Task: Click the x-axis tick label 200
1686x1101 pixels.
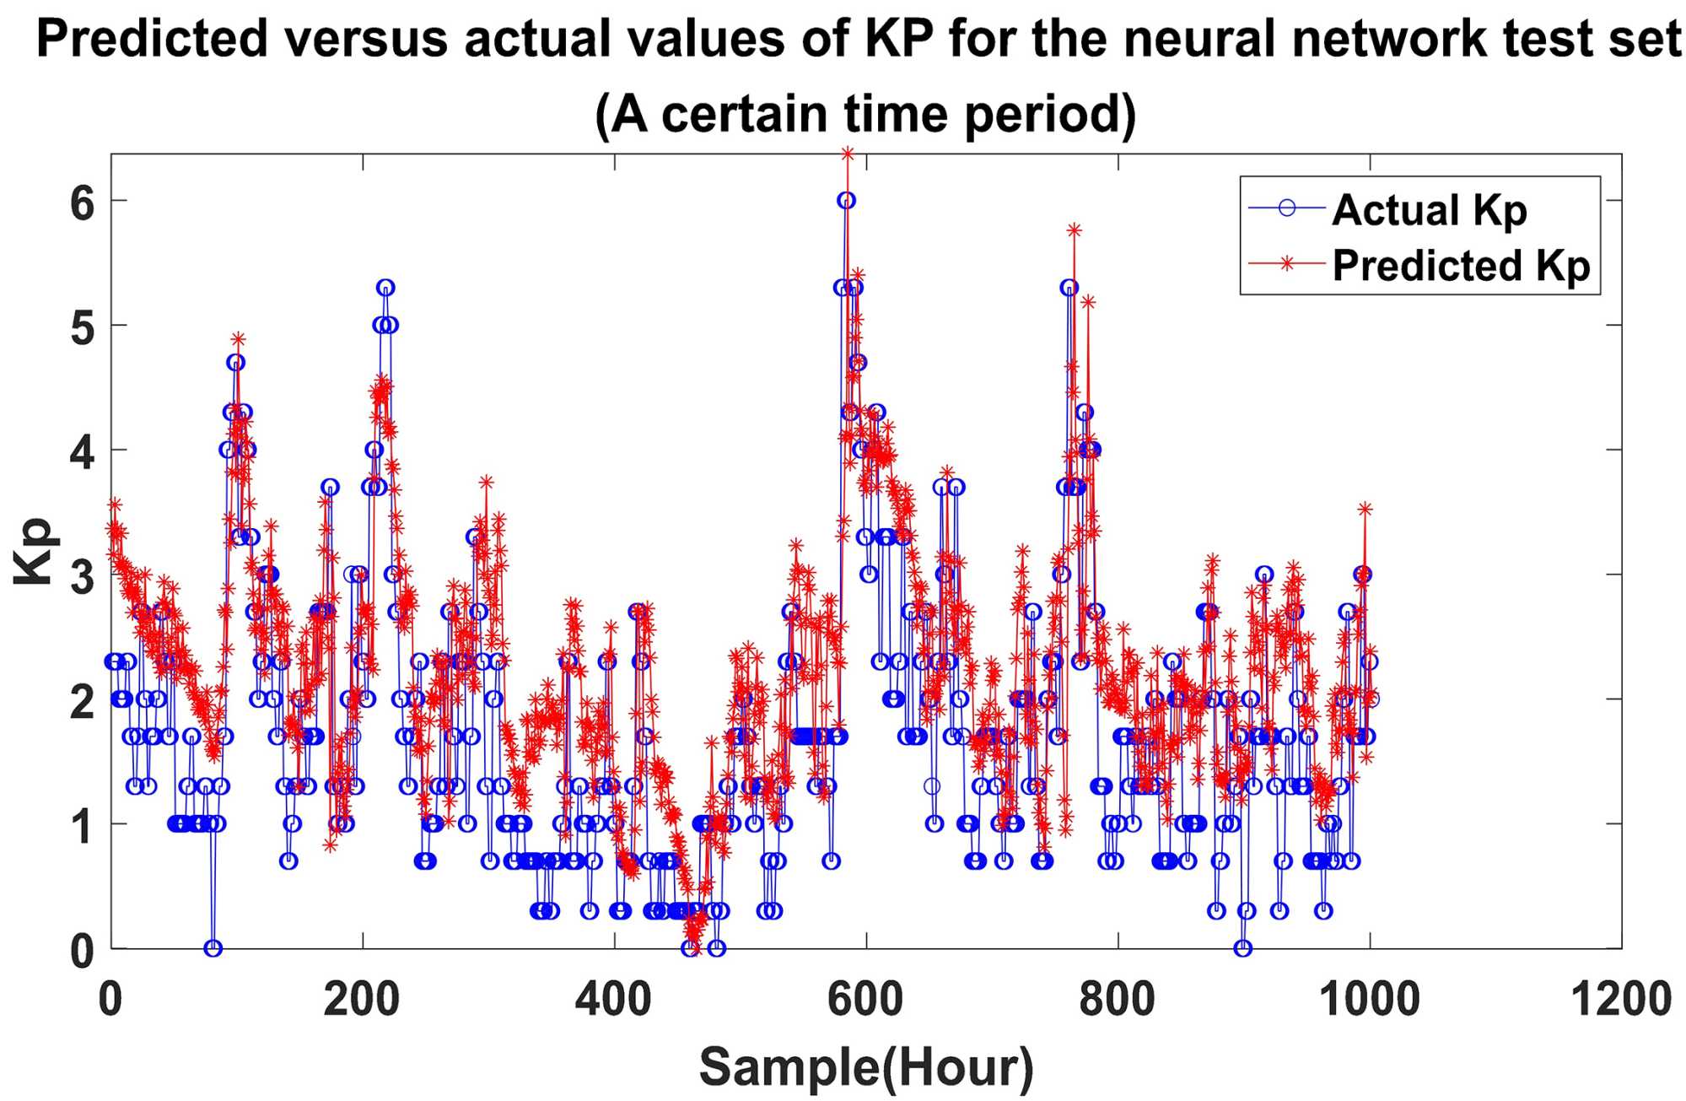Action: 362,1001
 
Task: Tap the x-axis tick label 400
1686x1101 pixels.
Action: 613,1001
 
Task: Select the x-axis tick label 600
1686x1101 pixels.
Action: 865,1001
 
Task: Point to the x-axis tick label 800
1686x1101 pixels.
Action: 1117,1001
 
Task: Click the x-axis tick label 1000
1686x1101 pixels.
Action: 1369,1001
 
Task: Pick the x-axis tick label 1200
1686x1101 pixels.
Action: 1620,1001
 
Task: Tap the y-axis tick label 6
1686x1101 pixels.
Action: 83,202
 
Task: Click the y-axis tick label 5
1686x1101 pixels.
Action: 83,327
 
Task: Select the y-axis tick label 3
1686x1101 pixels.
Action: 83,577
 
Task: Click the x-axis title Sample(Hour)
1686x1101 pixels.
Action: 866,1067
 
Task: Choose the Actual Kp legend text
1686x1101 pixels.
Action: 1430,209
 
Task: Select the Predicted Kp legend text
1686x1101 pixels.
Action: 1461,265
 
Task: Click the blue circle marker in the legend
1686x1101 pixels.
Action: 1287,208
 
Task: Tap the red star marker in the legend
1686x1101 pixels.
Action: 1287,264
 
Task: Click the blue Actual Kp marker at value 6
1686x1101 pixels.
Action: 846,200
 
